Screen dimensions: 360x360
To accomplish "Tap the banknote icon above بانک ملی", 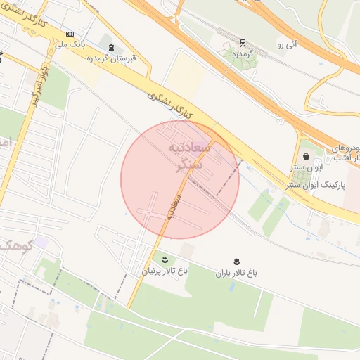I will (70, 34).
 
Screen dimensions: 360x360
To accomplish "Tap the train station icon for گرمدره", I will (243, 42).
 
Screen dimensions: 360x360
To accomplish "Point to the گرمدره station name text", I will (243, 53).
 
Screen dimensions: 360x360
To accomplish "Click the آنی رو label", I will (288, 45).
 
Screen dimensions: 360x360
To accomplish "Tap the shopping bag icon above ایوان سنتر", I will (306, 156).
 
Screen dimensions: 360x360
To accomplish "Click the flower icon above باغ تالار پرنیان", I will (165, 259).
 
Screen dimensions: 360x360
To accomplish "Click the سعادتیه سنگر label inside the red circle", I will (185, 156).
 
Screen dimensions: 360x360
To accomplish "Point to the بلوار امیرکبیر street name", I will (39, 84).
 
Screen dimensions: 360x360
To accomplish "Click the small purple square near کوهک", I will (41, 242).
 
